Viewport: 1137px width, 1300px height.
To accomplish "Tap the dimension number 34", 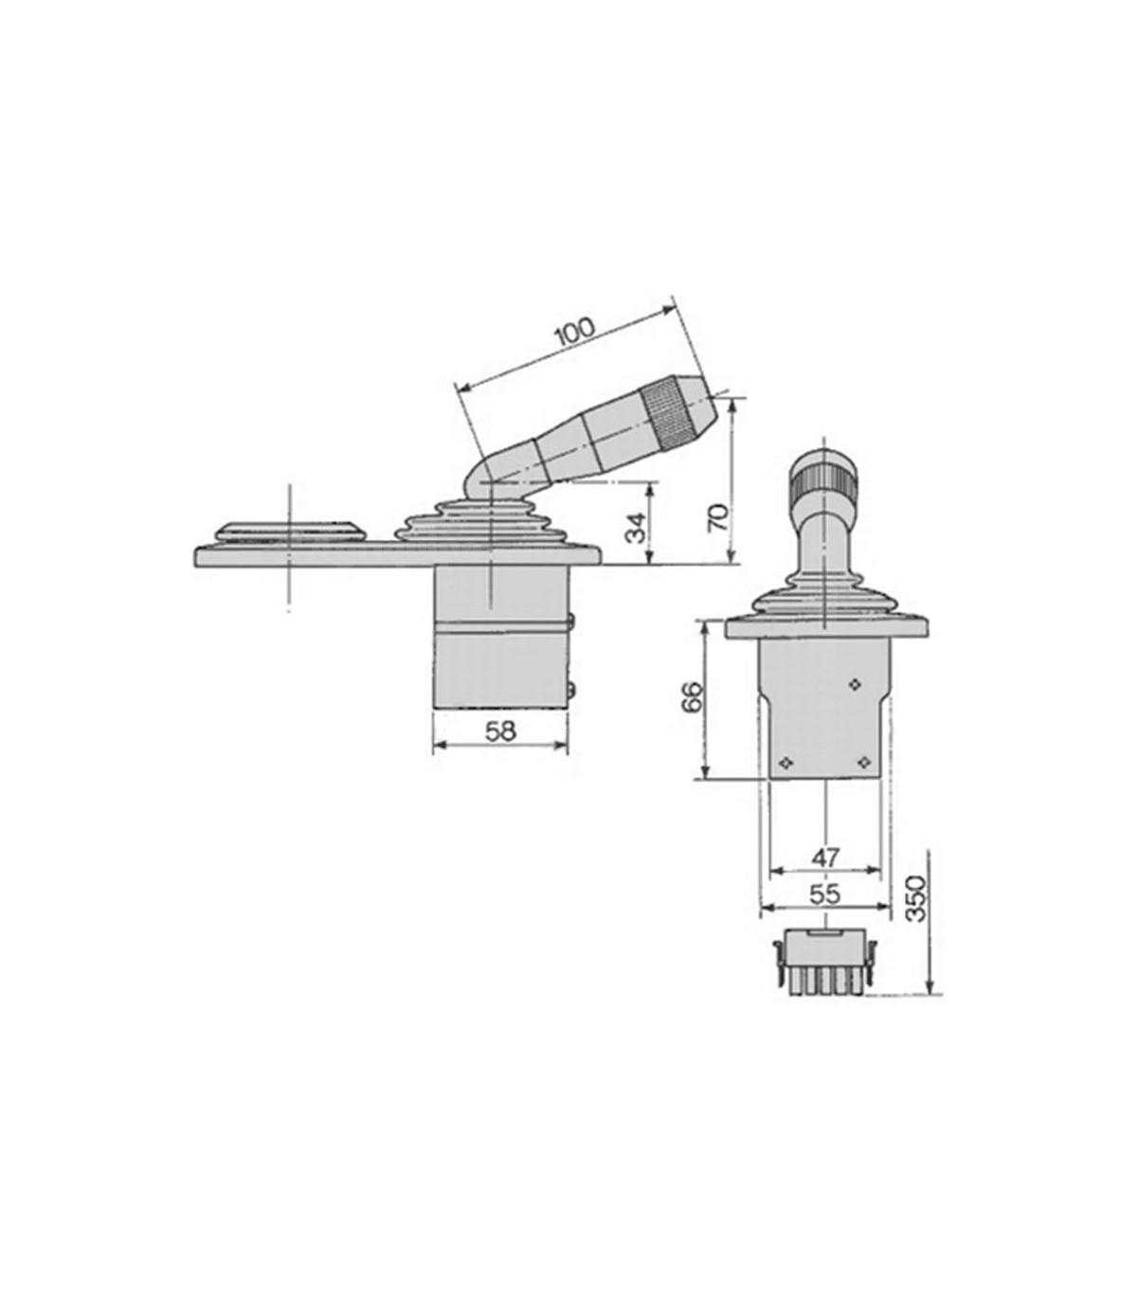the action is (x=637, y=527).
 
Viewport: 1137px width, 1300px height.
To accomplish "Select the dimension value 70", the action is (x=717, y=519).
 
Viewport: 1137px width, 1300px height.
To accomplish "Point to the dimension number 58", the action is (x=501, y=731).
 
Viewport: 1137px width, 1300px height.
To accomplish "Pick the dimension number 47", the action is (x=826, y=858).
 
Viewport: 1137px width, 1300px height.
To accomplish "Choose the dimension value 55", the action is (x=826, y=894).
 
